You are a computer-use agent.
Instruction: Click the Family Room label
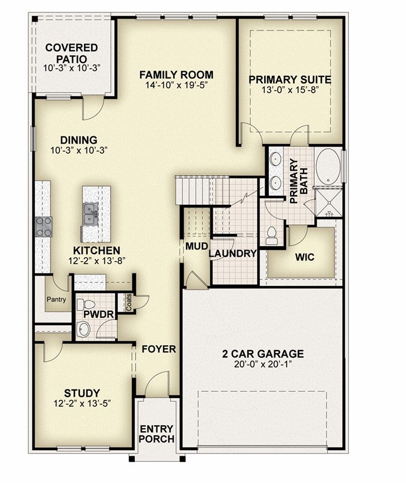pos(176,75)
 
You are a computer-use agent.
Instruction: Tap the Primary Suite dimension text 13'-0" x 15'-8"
pos(289,90)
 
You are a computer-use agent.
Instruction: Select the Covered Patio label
pos(71,53)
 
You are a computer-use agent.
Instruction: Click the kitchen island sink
pos(91,213)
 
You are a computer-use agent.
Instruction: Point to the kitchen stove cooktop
pos(44,226)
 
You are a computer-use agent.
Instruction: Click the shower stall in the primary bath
pos(330,203)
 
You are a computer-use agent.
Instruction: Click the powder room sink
pos(83,329)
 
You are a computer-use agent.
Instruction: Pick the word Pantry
pos(56,299)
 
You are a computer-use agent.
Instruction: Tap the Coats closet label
pos(129,302)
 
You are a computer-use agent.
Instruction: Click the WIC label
pos(305,257)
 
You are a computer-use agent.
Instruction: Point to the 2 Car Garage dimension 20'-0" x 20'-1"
pos(263,364)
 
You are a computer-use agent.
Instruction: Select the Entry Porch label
pos(157,434)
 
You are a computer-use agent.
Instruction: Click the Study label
pos(82,393)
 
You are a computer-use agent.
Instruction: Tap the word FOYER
pos(159,349)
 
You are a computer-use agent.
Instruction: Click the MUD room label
pos(197,246)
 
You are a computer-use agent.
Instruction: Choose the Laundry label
pos(232,254)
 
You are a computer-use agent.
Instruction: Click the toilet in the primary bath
pos(272,236)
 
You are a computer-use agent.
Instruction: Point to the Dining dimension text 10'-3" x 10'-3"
pos(79,151)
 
